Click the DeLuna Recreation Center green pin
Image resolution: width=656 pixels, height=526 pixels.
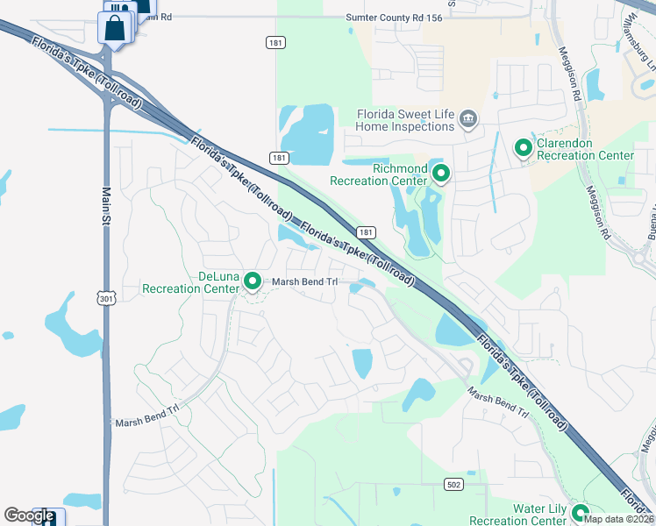click(x=253, y=281)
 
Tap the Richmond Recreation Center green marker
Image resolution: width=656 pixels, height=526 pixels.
click(x=440, y=174)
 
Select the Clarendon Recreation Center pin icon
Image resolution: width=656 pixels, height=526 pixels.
click(x=524, y=148)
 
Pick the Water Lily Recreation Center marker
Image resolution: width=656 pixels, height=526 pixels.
click(x=580, y=514)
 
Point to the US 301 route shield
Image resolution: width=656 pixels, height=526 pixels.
click(x=105, y=299)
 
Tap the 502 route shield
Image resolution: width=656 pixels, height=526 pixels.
click(x=453, y=483)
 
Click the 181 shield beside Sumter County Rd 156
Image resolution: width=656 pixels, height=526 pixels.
click(x=275, y=41)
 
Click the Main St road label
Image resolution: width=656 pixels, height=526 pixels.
click(x=107, y=204)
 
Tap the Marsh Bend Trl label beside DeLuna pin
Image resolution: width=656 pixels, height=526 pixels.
click(x=304, y=281)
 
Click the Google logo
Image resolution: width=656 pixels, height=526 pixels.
click(x=29, y=515)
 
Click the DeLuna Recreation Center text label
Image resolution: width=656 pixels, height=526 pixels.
click(x=191, y=282)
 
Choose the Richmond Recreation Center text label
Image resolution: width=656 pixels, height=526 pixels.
click(x=378, y=174)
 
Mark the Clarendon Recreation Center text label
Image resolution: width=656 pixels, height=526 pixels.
click(x=584, y=149)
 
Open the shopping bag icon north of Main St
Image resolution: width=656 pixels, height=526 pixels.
click(x=116, y=27)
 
